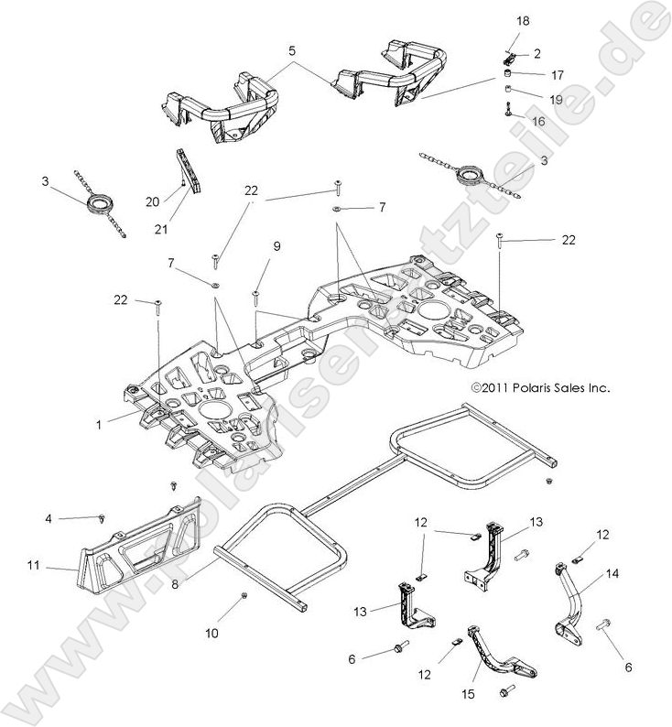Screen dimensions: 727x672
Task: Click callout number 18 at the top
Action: (523, 20)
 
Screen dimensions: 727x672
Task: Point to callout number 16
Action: (537, 120)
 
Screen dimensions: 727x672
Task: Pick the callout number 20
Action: (153, 199)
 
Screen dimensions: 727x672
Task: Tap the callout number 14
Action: (612, 574)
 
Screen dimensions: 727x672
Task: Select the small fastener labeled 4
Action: (103, 519)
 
